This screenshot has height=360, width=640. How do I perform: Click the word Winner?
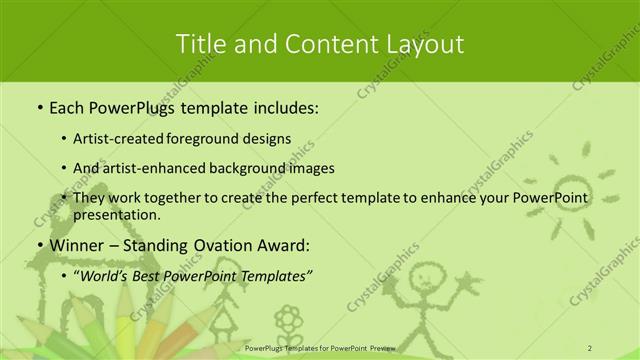(75, 245)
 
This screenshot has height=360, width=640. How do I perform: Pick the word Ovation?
(212, 245)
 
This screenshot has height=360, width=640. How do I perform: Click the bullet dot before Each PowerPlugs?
(39, 107)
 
